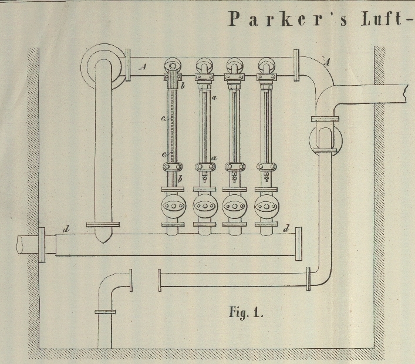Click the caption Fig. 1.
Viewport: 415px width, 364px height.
click(x=245, y=312)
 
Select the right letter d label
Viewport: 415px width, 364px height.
click(x=286, y=228)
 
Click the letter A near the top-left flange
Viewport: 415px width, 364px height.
click(x=143, y=68)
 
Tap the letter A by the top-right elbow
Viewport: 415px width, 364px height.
click(x=327, y=60)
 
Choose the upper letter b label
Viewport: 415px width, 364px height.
click(x=183, y=87)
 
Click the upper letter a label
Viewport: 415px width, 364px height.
click(x=214, y=99)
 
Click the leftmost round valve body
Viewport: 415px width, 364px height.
click(x=173, y=206)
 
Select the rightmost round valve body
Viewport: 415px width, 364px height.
click(x=268, y=206)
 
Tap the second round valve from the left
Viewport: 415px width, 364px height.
click(x=205, y=206)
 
